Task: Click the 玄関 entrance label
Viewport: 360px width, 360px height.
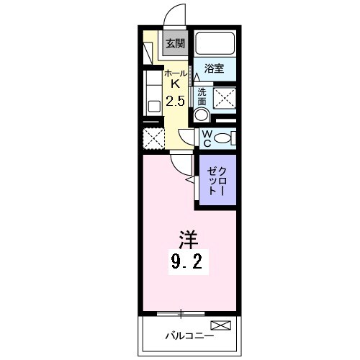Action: point(174,43)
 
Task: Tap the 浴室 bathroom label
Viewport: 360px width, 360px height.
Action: point(214,69)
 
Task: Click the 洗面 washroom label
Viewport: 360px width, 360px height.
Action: point(202,96)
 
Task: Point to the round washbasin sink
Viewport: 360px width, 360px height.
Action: point(202,115)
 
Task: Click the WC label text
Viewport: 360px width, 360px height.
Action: point(206,138)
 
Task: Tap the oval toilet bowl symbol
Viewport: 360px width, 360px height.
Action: point(223,138)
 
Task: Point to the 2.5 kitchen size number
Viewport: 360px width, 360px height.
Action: point(175,102)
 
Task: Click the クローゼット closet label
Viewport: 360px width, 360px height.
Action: point(217,183)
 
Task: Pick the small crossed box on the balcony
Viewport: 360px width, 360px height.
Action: point(220,326)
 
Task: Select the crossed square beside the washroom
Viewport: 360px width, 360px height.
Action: point(225,96)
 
